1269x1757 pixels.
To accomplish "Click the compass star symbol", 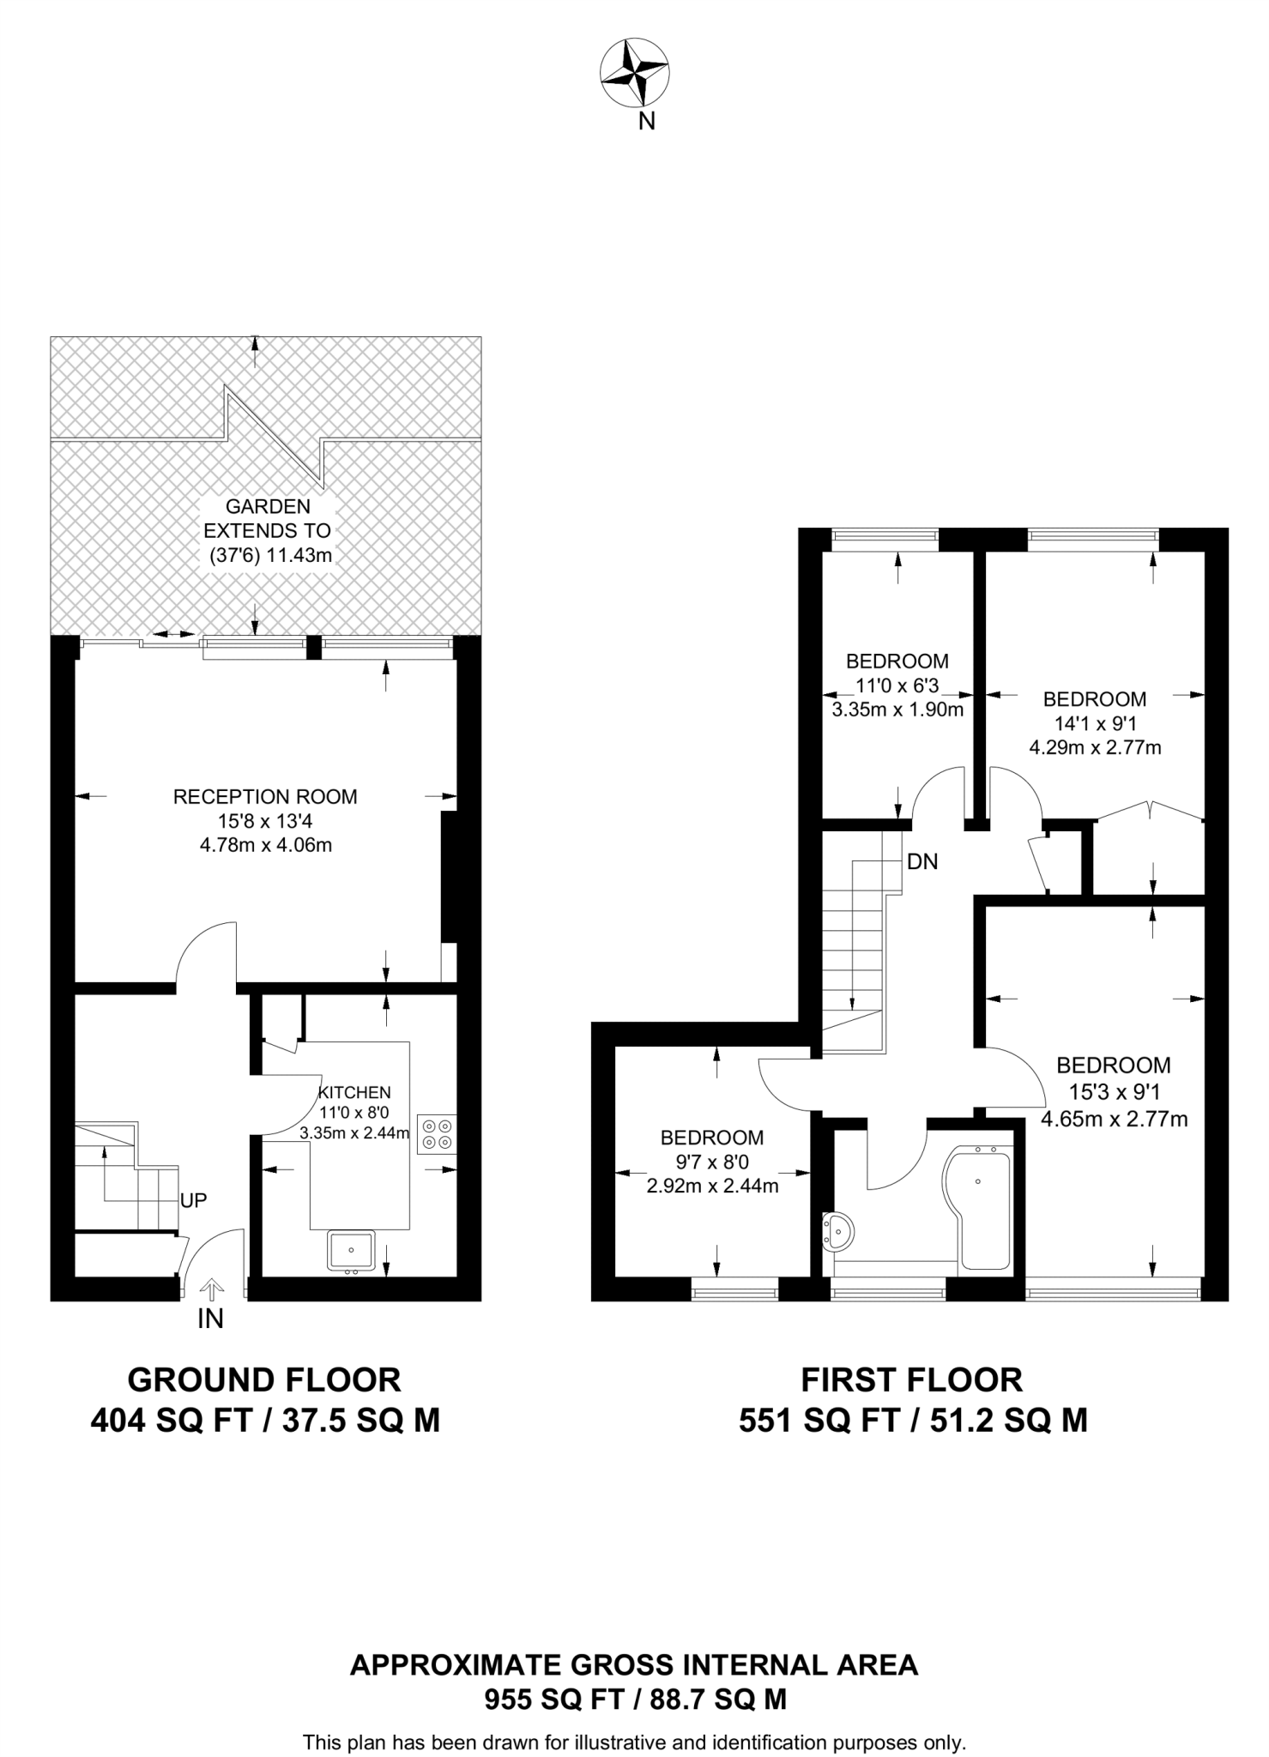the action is point(634,74).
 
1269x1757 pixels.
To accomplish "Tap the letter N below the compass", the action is point(647,122).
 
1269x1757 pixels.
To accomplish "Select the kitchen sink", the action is point(351,1251).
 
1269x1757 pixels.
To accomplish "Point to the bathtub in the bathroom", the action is point(978,1207).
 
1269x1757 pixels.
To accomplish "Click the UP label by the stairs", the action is point(194,1199).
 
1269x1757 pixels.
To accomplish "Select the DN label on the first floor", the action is point(922,860).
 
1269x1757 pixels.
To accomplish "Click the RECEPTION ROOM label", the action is point(265,796).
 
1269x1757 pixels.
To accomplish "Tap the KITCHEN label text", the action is point(354,1092).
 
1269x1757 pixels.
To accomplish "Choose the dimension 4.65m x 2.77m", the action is point(1114,1118).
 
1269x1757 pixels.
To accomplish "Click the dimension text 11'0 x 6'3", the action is point(897,685).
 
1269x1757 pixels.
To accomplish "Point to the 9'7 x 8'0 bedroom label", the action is point(712,1162).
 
